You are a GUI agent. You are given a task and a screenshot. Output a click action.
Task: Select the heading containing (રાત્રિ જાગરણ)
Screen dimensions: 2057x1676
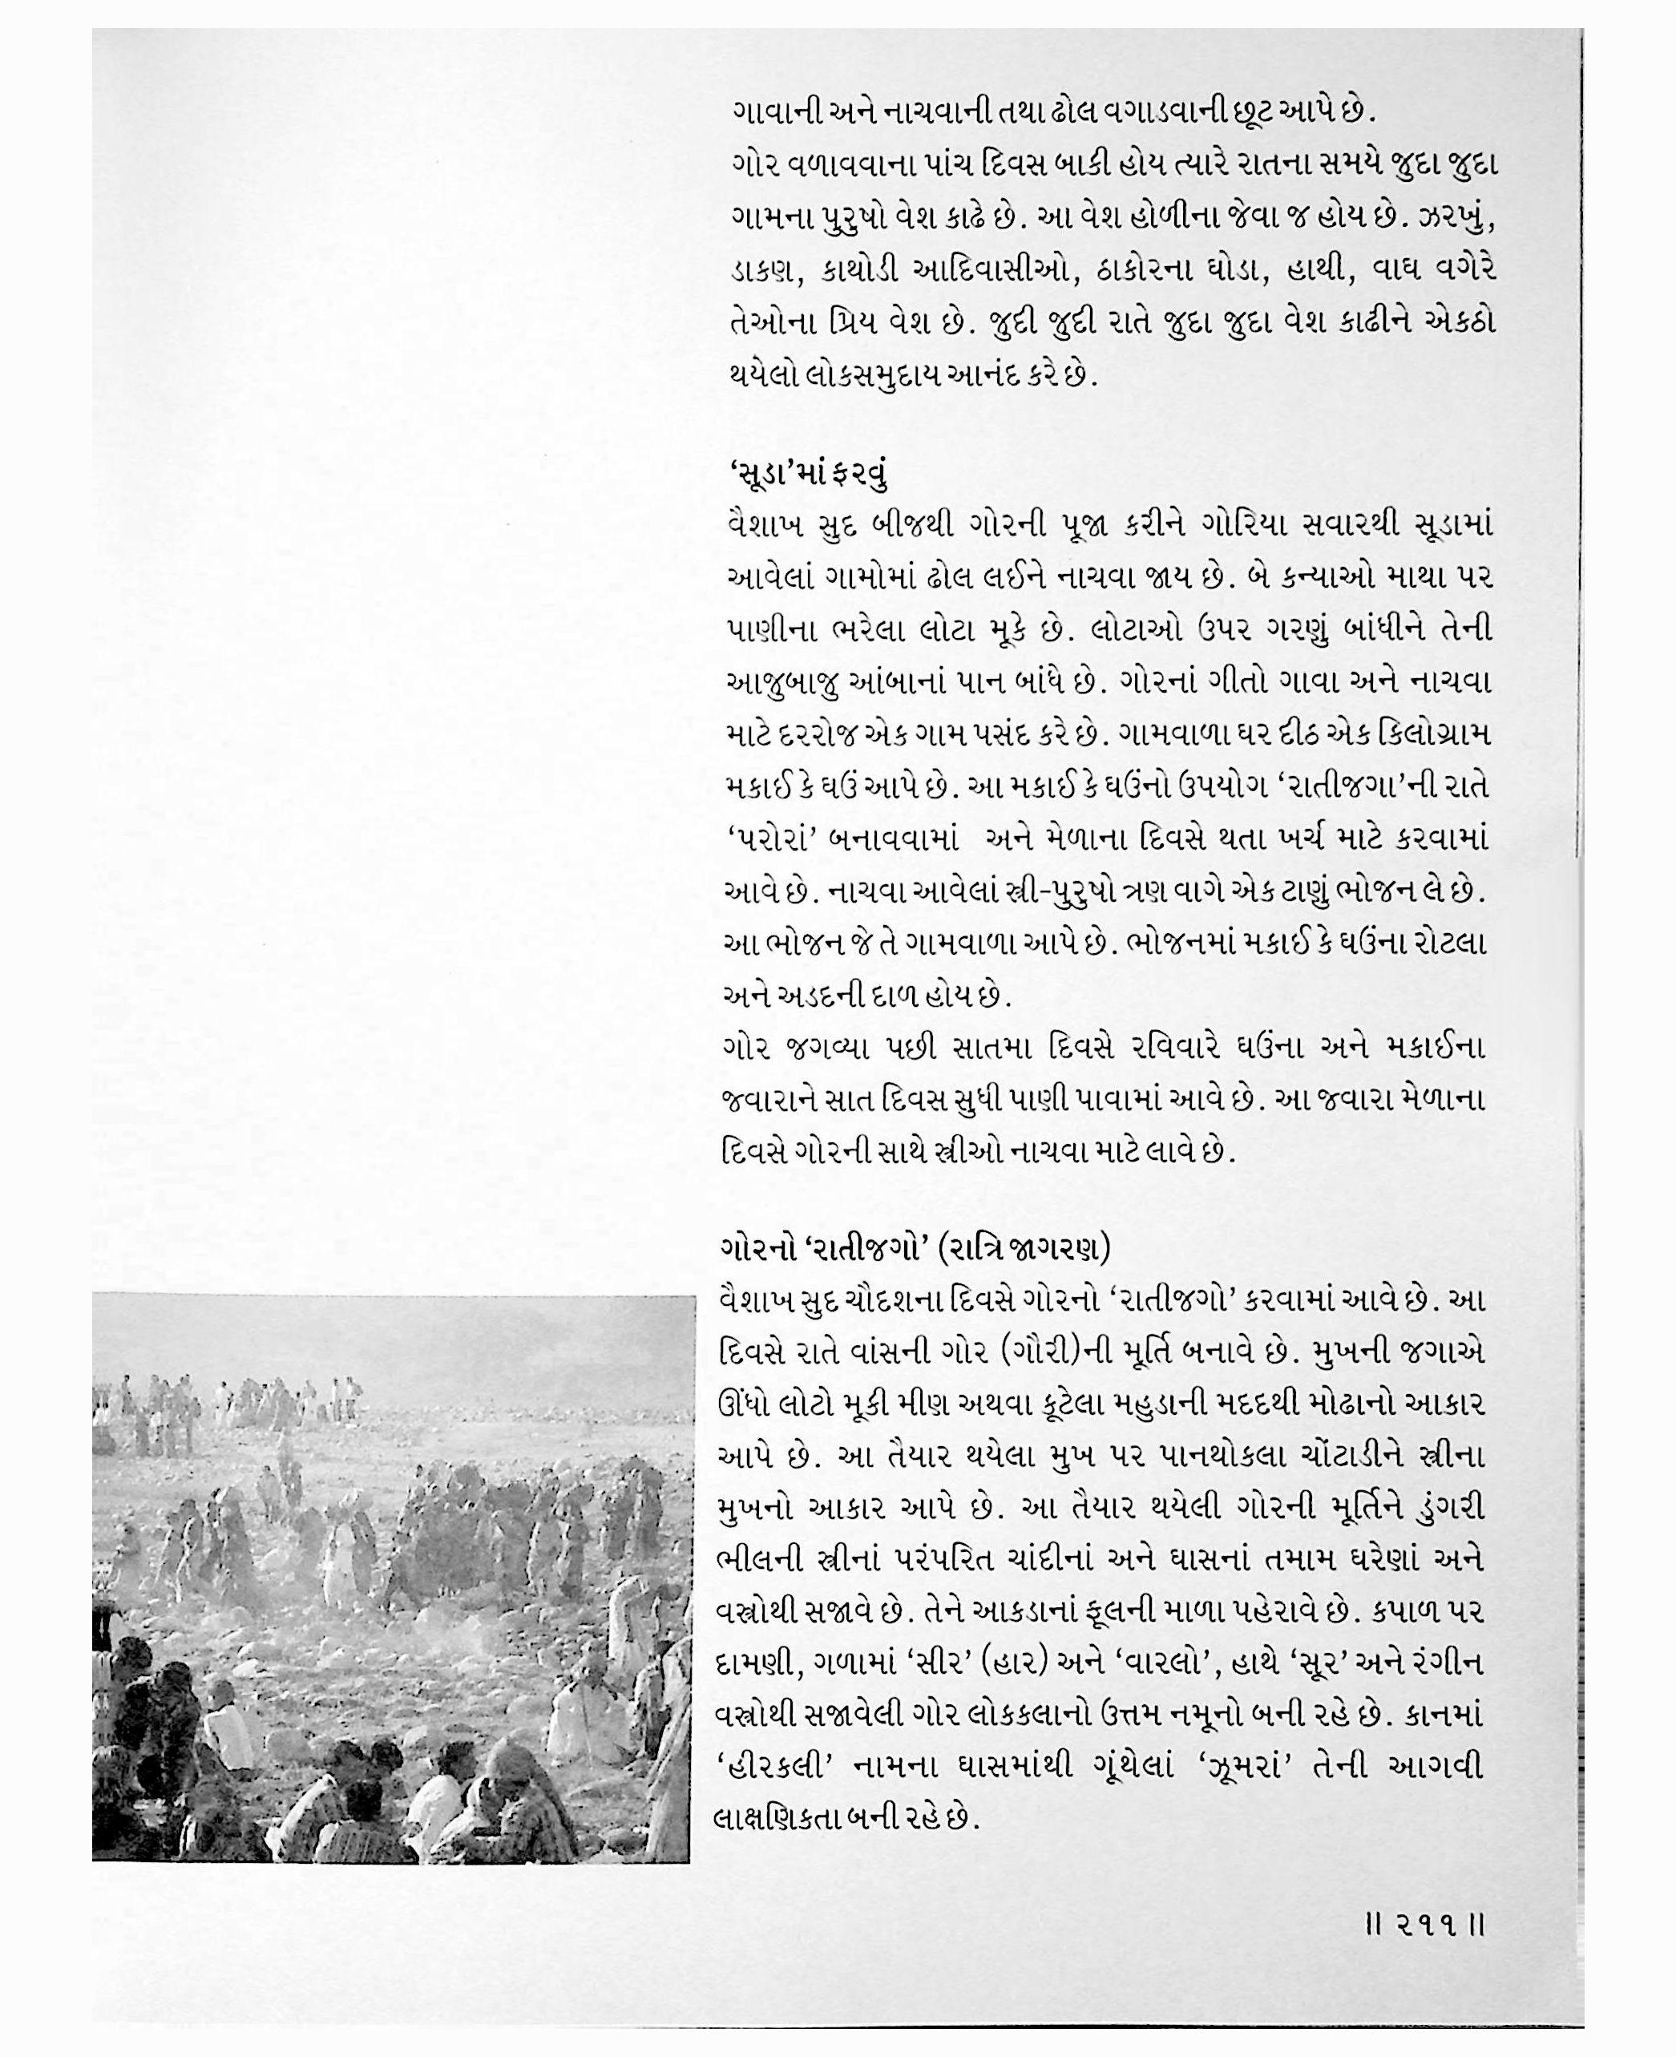coord(916,1249)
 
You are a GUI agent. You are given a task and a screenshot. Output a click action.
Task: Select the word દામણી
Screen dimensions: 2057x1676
coord(756,1664)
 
